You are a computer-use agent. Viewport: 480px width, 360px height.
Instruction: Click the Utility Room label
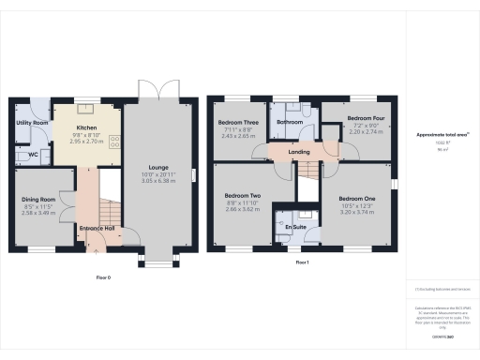(32, 123)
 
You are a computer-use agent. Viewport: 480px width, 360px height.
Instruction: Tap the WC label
(33, 154)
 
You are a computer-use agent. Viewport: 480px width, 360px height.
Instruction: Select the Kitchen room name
(86, 127)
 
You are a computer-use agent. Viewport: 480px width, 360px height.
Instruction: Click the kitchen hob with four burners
(115, 143)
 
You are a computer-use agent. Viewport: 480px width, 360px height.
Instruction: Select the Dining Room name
(39, 199)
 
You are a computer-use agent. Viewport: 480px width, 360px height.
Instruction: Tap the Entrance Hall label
(96, 228)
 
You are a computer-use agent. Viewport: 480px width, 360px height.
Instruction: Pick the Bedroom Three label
(238, 123)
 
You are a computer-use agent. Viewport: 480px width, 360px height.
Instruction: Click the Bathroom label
(290, 122)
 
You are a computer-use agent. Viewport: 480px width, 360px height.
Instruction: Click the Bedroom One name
(356, 199)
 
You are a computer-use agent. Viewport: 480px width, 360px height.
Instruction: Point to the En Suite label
(297, 228)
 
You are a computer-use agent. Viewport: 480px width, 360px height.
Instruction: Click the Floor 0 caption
(103, 277)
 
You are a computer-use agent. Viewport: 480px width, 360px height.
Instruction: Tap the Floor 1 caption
(302, 263)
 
